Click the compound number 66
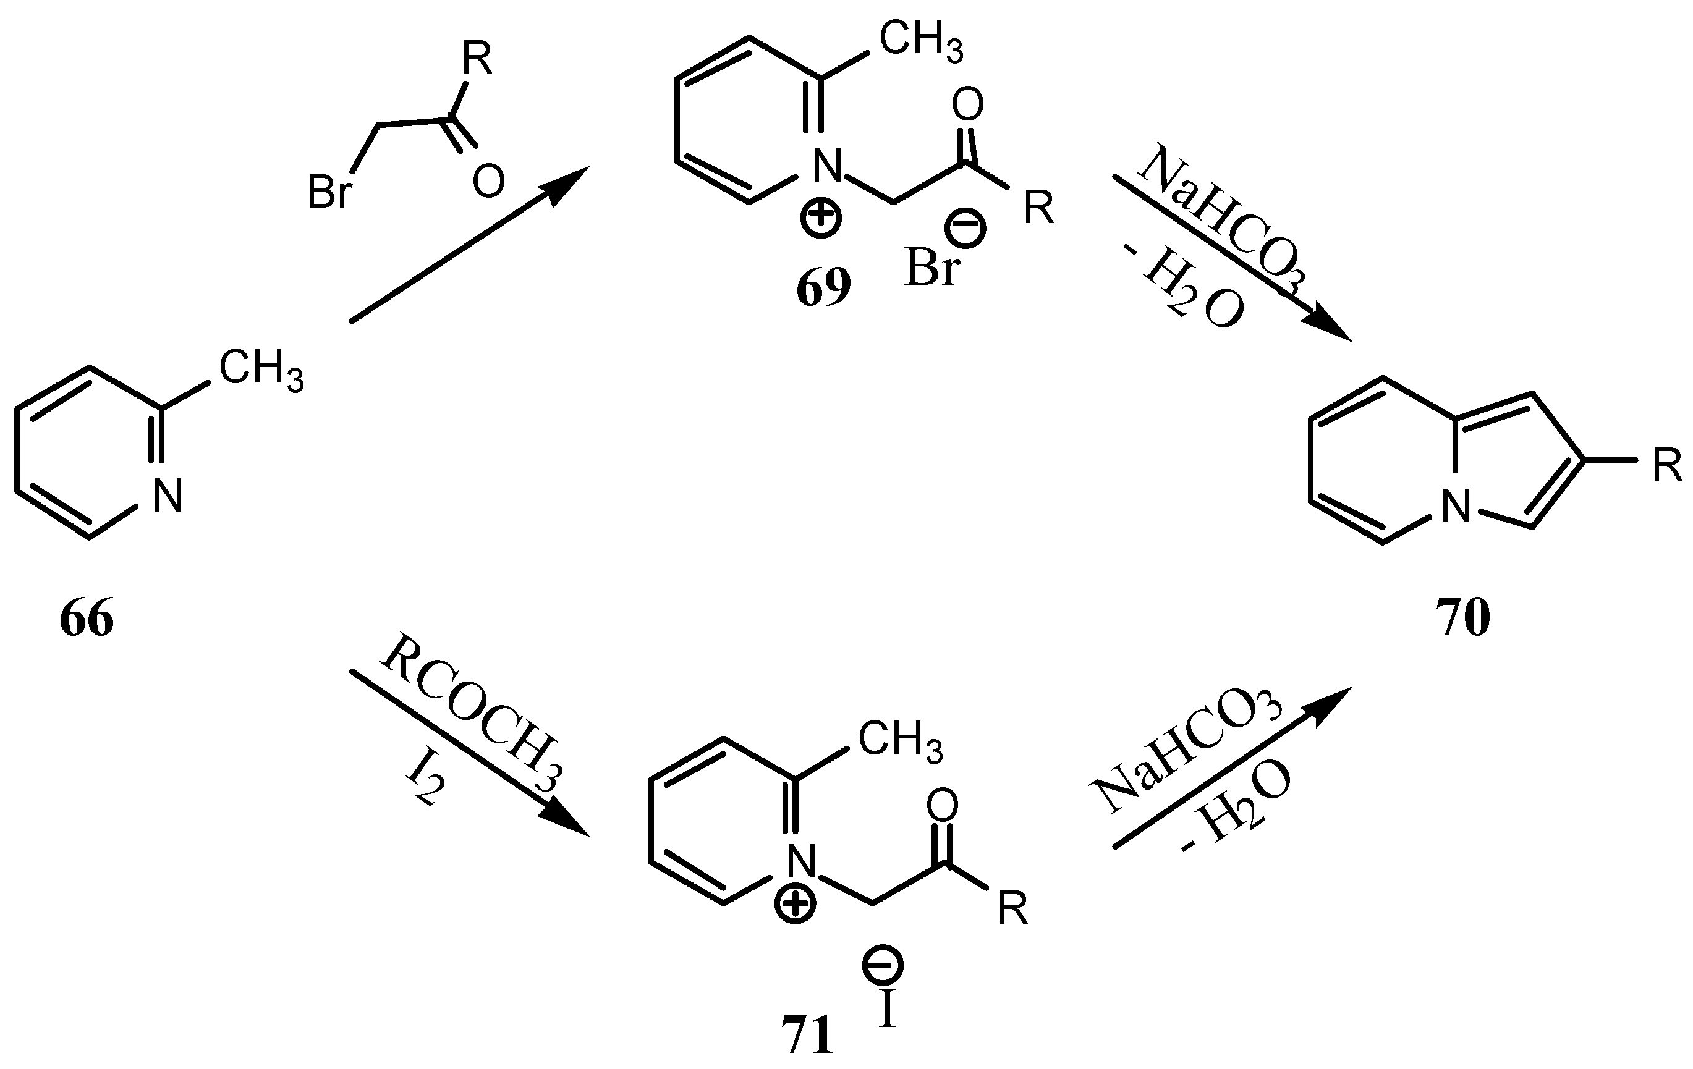(x=87, y=619)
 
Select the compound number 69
(x=823, y=287)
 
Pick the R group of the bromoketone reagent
(x=477, y=59)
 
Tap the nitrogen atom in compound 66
(x=168, y=496)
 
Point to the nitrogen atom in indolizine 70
(x=1456, y=507)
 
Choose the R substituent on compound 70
(x=1667, y=466)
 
